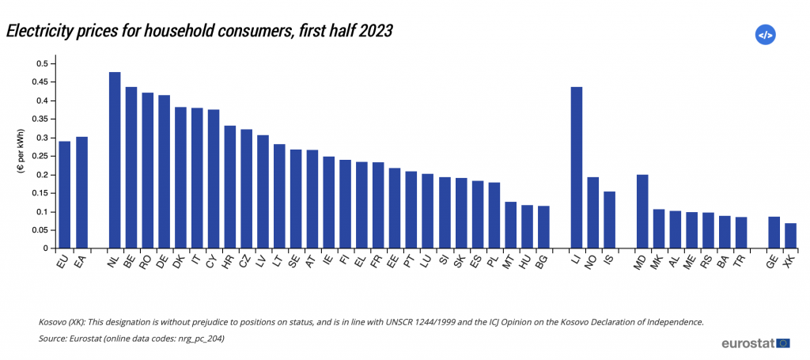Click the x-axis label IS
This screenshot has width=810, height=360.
pyautogui.click(x=608, y=258)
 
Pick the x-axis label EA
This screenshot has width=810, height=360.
pyautogui.click(x=80, y=260)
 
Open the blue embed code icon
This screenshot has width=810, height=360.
pyautogui.click(x=765, y=35)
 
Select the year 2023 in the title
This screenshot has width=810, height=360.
pyautogui.click(x=373, y=31)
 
